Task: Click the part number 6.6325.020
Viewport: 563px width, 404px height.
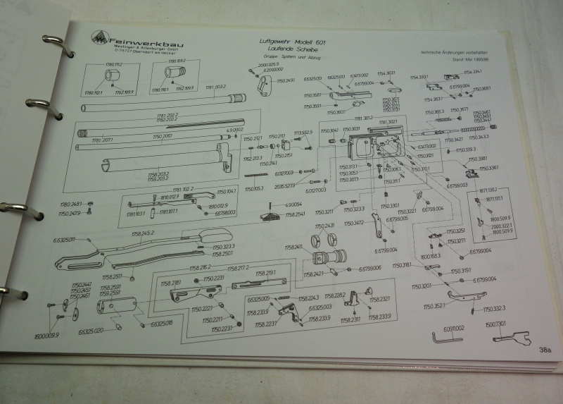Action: (91, 330)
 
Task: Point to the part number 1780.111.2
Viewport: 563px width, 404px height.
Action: (113, 64)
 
